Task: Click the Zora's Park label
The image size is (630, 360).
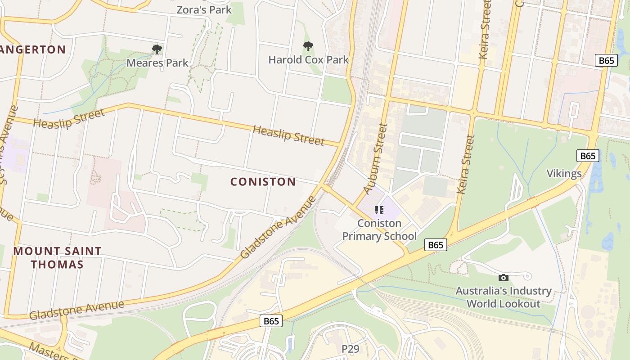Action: pos(204,9)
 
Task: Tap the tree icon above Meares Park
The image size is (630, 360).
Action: pos(157,49)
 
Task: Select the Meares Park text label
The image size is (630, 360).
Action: pos(157,63)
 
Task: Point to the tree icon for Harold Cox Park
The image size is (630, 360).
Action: pos(308,46)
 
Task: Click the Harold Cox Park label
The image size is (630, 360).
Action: pos(309,59)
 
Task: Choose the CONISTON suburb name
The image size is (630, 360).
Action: pos(263,182)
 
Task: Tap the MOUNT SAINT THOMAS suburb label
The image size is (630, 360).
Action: pos(58,257)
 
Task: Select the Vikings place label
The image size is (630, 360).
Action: pos(564,174)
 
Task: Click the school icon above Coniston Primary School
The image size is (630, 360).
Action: pos(379,210)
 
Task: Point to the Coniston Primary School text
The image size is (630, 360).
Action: pos(379,229)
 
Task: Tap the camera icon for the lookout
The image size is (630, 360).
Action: pos(504,278)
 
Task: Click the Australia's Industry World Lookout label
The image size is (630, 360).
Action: pos(504,297)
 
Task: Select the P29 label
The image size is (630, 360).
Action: pos(351,349)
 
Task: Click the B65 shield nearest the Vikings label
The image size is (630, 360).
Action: pos(588,156)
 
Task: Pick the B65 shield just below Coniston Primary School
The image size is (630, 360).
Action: pos(436,245)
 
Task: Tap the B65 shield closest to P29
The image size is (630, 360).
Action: pos(271,321)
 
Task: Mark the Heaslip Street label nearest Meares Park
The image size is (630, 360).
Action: pos(69,118)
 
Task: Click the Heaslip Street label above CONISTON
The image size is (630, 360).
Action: pos(288,135)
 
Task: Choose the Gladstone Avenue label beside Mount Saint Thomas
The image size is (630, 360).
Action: pos(76,310)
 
